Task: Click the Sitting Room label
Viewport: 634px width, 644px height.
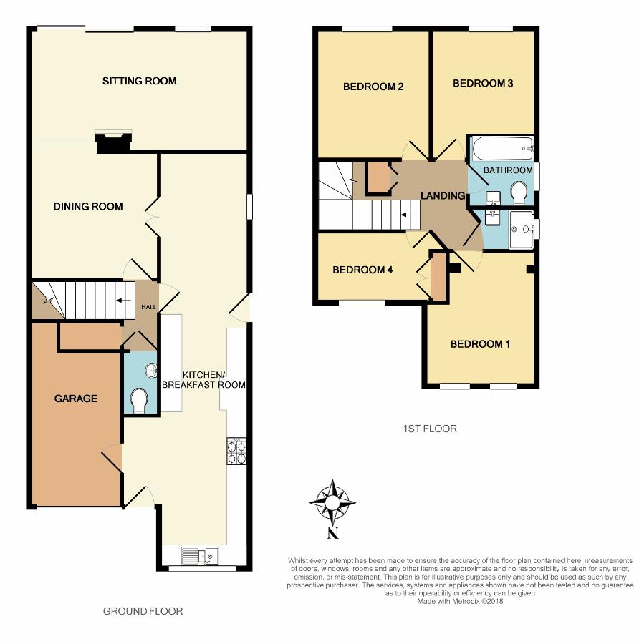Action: [140, 81]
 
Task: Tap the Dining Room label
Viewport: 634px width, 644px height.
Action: [88, 206]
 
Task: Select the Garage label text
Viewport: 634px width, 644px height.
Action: [76, 399]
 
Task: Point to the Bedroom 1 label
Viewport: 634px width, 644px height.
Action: [480, 344]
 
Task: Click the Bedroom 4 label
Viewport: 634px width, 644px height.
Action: [362, 270]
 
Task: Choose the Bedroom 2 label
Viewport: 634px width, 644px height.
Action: [373, 87]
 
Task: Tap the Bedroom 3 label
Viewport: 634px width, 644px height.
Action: [483, 84]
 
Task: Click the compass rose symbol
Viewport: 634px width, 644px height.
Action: [332, 502]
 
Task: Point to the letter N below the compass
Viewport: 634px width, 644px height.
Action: [332, 533]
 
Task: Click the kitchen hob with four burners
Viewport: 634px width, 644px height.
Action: [236, 451]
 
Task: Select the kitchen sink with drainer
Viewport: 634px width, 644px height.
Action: [199, 556]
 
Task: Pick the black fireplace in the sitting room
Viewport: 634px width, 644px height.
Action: [113, 142]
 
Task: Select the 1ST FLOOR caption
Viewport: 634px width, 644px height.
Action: [430, 429]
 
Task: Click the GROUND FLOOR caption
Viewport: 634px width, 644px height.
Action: [143, 611]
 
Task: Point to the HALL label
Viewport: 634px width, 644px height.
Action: [148, 307]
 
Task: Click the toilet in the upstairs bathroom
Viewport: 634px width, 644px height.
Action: [519, 193]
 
